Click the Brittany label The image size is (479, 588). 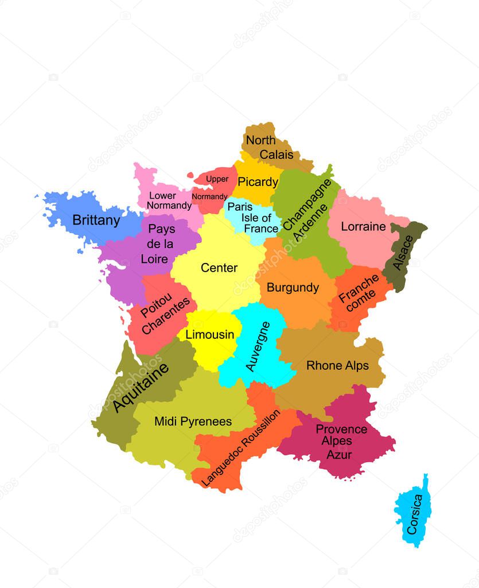pyautogui.click(x=96, y=220)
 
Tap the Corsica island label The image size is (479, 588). pyautogui.click(x=414, y=514)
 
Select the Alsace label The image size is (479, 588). pyautogui.click(x=404, y=253)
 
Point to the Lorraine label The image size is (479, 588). pyautogui.click(x=363, y=227)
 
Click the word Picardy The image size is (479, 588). pyautogui.click(x=258, y=183)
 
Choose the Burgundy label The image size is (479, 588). pyautogui.click(x=293, y=288)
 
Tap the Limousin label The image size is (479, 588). pyautogui.click(x=210, y=335)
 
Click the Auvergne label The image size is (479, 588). pyautogui.click(x=258, y=346)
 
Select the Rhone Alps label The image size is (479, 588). pyautogui.click(x=337, y=366)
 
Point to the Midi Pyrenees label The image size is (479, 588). pyautogui.click(x=193, y=421)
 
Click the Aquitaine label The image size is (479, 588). pyautogui.click(x=141, y=388)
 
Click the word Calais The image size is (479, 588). pyautogui.click(x=277, y=154)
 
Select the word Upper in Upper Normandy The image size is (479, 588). pyautogui.click(x=217, y=179)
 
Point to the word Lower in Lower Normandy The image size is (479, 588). pyautogui.click(x=163, y=195)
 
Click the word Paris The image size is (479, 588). pyautogui.click(x=240, y=207)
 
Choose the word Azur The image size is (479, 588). pyautogui.click(x=339, y=455)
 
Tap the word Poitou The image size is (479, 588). pyautogui.click(x=152, y=301)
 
